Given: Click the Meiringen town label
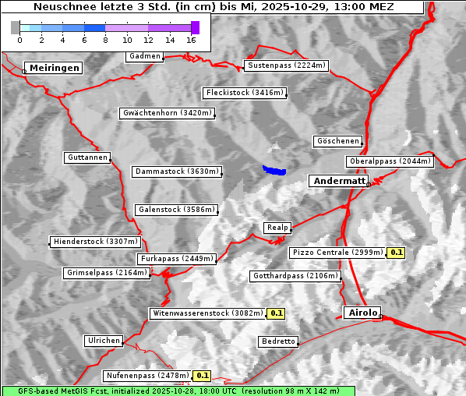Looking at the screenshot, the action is [52, 68].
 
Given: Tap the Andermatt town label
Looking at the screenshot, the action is [338, 181].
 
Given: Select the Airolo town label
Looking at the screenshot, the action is [362, 313].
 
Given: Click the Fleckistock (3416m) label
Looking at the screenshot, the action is [244, 93].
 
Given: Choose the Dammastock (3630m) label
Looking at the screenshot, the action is [177, 171].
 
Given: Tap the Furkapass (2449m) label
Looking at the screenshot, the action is [176, 259].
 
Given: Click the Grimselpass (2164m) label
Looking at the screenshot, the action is [106, 273].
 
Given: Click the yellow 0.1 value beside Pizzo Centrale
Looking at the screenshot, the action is [397, 253].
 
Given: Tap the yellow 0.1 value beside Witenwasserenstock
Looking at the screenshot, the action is [276, 313].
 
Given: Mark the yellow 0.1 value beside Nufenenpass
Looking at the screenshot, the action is [203, 376].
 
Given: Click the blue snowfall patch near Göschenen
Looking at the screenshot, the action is [274, 170].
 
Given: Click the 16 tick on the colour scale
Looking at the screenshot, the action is [192, 39].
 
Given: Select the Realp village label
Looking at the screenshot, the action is [277, 228].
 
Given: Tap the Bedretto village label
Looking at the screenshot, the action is [277, 341].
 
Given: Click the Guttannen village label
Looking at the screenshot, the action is [86, 157].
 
